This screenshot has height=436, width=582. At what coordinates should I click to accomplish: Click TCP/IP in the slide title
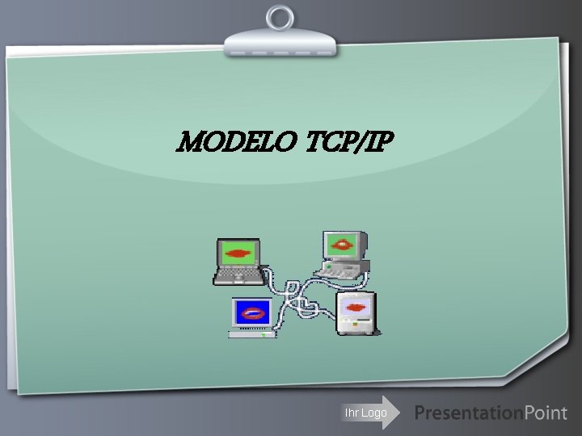coord(349,143)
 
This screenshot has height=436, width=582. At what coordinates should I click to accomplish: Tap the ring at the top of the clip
coord(280,16)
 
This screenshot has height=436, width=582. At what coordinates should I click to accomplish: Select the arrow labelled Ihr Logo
coord(369,413)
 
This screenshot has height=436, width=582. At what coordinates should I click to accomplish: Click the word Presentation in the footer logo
coord(468,413)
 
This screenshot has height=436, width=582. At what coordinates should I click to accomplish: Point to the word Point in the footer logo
coord(546,413)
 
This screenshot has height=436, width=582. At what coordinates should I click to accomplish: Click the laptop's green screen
coord(238,254)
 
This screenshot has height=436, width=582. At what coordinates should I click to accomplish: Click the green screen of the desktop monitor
coord(343,243)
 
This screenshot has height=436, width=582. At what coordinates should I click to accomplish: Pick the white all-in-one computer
coord(356,313)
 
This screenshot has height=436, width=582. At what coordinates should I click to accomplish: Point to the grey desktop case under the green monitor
coord(343,267)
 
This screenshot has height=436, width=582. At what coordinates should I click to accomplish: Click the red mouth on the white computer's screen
coord(356,306)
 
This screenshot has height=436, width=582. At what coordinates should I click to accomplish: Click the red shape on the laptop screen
coord(238,254)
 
